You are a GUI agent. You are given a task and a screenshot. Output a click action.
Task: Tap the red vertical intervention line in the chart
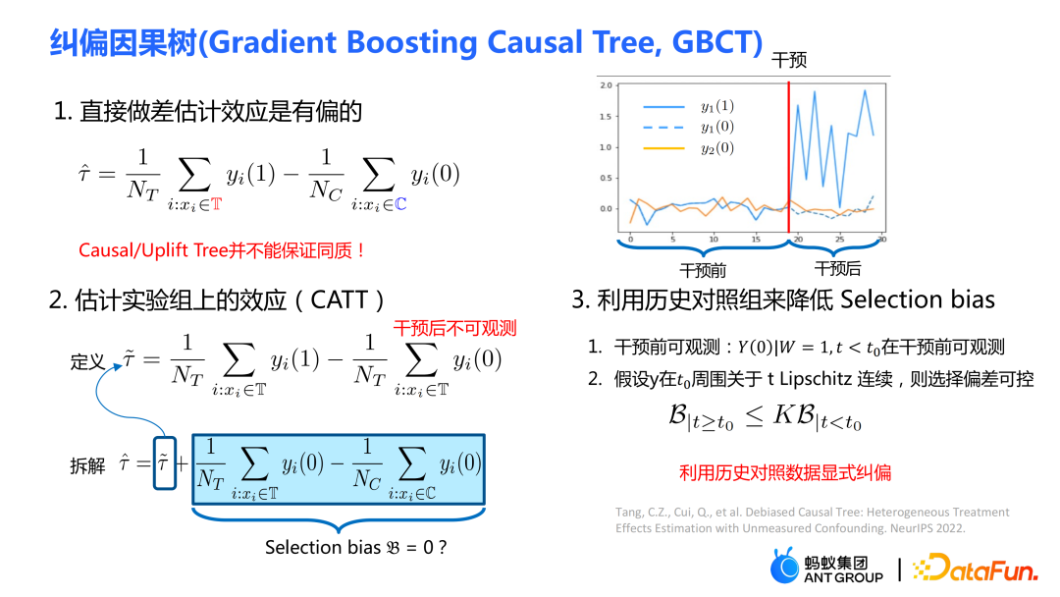point(788,157)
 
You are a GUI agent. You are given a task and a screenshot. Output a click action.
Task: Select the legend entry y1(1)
point(717,106)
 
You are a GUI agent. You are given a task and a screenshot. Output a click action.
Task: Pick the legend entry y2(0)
point(717,148)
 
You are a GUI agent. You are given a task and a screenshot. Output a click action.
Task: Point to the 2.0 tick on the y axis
point(606,85)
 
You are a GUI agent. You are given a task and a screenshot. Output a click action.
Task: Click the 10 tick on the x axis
point(714,240)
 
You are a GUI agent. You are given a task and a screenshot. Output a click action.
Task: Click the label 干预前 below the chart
point(703,270)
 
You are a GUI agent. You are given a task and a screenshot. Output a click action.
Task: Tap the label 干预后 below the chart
point(837,268)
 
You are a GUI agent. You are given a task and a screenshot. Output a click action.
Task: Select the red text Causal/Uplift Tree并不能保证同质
point(222,250)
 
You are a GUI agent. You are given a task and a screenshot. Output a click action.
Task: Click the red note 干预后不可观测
point(455,329)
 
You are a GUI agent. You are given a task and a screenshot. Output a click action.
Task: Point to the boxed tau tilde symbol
point(164,463)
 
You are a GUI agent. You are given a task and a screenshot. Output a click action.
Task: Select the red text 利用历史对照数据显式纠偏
point(785,472)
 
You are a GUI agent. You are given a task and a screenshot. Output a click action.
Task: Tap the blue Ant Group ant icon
point(784,566)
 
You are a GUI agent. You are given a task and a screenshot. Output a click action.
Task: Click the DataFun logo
point(975,568)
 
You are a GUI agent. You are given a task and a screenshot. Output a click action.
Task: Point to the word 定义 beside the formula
point(87,361)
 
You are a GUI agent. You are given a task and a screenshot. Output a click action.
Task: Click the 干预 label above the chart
point(789,60)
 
